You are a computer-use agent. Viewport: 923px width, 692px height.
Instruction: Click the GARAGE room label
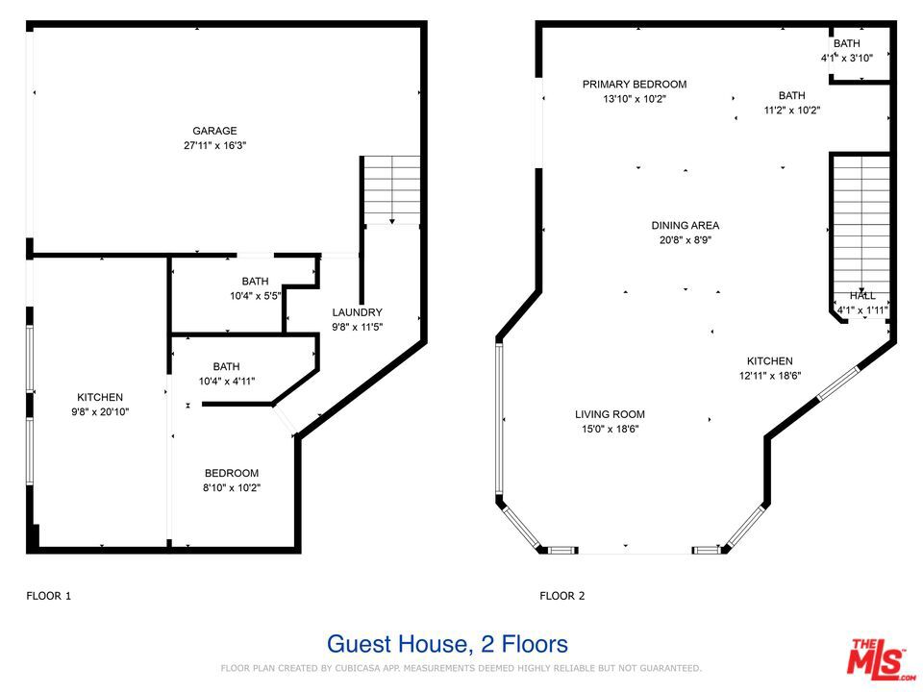coord(214,131)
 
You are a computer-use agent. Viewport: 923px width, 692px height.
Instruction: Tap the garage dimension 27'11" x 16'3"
coord(214,145)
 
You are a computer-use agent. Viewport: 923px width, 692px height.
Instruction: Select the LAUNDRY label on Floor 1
coord(358,312)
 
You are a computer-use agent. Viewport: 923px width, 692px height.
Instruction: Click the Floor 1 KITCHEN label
coord(100,397)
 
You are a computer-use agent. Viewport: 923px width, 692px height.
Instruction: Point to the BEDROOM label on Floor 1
coord(232,473)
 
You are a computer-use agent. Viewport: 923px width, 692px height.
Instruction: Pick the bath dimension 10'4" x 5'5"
coord(256,296)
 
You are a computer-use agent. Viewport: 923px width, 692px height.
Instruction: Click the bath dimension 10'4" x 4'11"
coord(227,382)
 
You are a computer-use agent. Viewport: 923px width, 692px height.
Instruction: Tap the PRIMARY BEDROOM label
coord(635,85)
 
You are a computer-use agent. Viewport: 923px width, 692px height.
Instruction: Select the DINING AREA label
coord(686,225)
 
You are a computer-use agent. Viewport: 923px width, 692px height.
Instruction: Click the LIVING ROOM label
coord(610,414)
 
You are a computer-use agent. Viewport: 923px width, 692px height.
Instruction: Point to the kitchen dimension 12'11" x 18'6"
coord(770,376)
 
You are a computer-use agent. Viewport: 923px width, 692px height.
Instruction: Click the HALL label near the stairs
coord(862,296)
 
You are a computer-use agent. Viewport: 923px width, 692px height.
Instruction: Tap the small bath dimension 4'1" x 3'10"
coord(847,59)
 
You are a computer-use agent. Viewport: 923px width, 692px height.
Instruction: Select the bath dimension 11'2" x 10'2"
coord(792,110)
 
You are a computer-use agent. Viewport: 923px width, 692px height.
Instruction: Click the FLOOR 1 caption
coord(49,596)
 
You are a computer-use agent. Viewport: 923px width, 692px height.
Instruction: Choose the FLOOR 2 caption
coord(562,596)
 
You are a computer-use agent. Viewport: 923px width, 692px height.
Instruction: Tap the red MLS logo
coord(881,657)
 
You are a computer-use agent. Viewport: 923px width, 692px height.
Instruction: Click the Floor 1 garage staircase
coord(391,190)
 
